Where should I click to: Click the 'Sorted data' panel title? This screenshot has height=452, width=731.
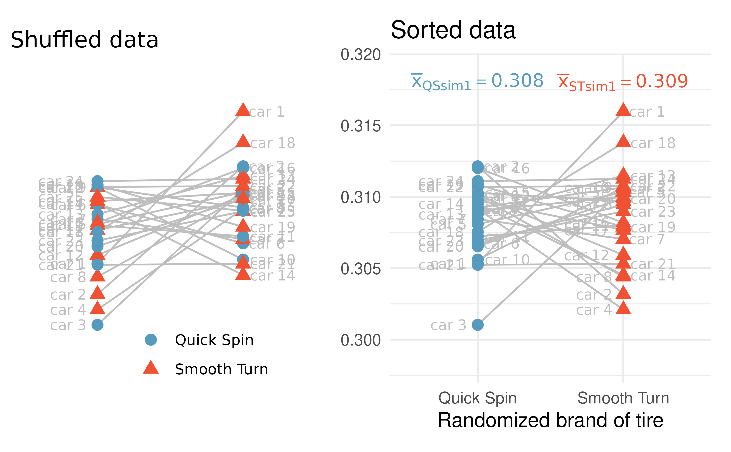point(453,30)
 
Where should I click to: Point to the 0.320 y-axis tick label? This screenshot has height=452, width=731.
point(360,55)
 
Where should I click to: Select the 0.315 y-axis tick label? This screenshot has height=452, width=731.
point(360,126)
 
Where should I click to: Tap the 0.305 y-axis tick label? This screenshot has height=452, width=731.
point(360,269)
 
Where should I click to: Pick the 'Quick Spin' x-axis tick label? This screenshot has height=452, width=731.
point(477,398)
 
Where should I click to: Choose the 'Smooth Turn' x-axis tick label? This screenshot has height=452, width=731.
point(623,398)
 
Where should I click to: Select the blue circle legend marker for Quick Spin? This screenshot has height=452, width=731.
point(151,340)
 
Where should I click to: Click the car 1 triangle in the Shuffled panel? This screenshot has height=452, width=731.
point(243,110)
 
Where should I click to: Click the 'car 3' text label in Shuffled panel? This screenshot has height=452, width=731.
point(68,325)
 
